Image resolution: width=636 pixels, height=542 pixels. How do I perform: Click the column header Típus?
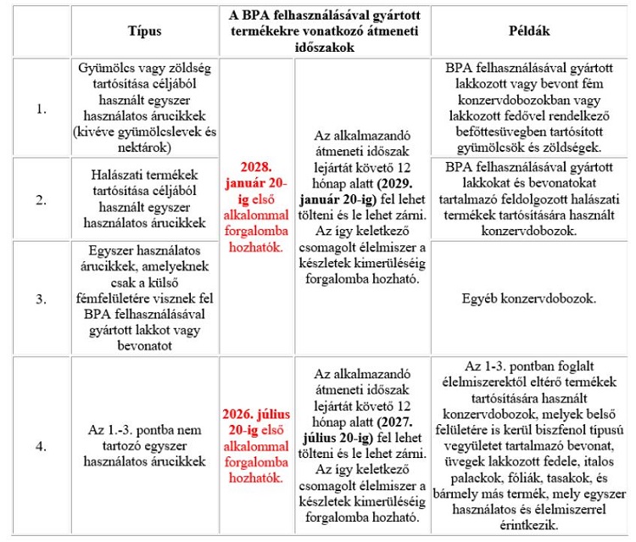[x=143, y=31]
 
